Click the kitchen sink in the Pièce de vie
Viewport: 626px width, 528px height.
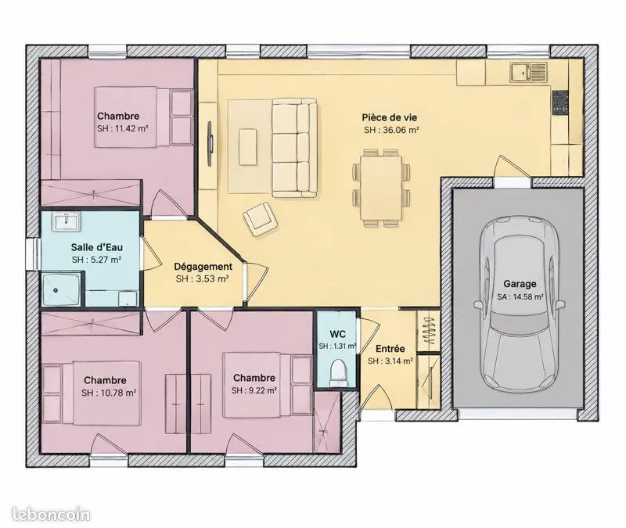pyautogui.click(x=527, y=72)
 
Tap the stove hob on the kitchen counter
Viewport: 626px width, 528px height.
pyautogui.click(x=560, y=102)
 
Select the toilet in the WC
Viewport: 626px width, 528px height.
pyautogui.click(x=338, y=370)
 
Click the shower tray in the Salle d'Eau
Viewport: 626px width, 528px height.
pyautogui.click(x=61, y=289)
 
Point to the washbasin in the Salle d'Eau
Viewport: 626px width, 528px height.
pyautogui.click(x=66, y=221)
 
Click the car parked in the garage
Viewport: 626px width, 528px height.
pyautogui.click(x=519, y=303)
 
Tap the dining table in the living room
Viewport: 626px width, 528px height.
pyautogui.click(x=381, y=188)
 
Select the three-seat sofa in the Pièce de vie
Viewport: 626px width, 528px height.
pyautogui.click(x=295, y=148)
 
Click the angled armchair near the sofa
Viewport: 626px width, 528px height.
pyautogui.click(x=261, y=219)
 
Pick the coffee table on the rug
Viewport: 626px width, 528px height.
pyautogui.click(x=247, y=146)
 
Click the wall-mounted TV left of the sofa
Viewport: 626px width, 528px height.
pyautogui.click(x=210, y=144)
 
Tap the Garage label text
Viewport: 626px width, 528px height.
pyautogui.click(x=520, y=284)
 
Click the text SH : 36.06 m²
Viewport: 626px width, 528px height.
pyautogui.click(x=391, y=130)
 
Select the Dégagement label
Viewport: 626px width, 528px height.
pyautogui.click(x=203, y=267)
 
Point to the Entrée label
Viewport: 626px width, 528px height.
pyautogui.click(x=390, y=348)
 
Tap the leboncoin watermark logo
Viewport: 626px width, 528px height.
pyautogui.click(x=51, y=514)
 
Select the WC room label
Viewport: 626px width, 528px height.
pyautogui.click(x=337, y=334)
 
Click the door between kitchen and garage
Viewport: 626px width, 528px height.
pyautogui.click(x=513, y=167)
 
